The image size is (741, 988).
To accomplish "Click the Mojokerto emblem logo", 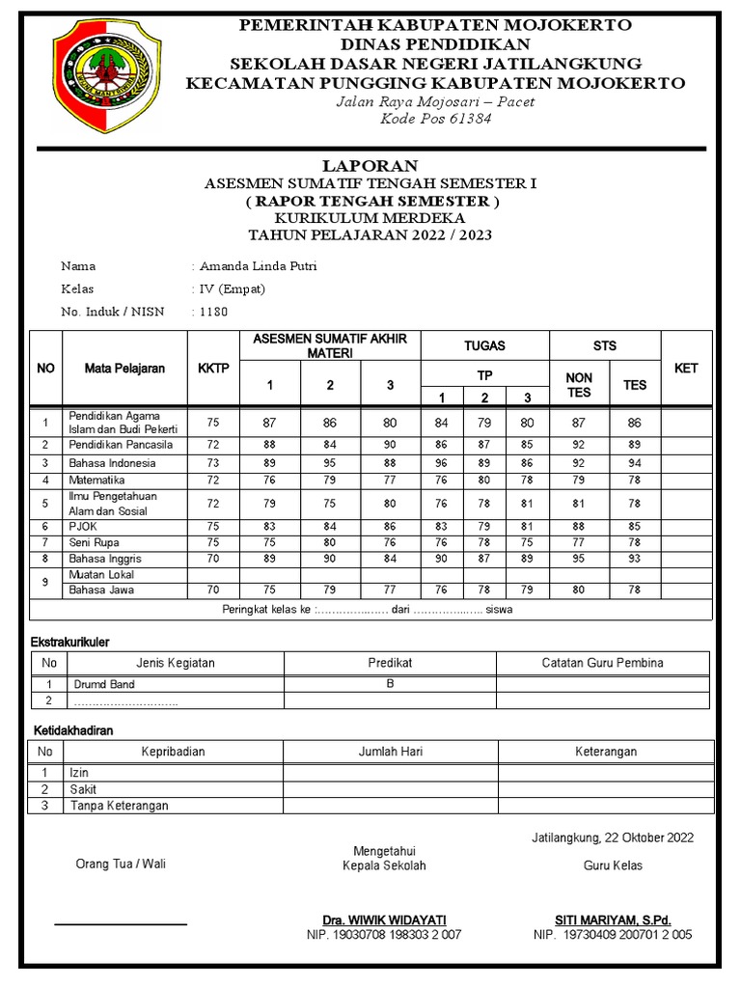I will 107,74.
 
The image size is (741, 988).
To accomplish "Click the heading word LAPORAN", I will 370,166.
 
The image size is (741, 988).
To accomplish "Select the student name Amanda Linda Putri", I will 257,266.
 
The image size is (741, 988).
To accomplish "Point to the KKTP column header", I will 213,369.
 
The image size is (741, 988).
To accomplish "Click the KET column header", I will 686,369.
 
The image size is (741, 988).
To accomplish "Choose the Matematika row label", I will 96,480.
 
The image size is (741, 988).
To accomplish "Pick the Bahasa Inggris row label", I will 104,559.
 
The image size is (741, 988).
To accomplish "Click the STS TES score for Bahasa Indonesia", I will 635,463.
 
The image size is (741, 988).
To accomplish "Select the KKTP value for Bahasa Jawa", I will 213,590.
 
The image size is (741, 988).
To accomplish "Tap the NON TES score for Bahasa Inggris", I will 579,559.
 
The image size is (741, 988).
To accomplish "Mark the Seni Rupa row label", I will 95,543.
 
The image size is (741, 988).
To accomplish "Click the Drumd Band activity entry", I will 104,684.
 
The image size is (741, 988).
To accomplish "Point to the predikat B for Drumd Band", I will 390,684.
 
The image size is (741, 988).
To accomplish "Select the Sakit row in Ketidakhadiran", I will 83,789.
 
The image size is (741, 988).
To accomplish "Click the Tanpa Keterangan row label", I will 119,806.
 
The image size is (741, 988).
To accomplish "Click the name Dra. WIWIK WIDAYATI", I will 384,919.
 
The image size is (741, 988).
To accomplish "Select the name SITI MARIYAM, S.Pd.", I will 613,919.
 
